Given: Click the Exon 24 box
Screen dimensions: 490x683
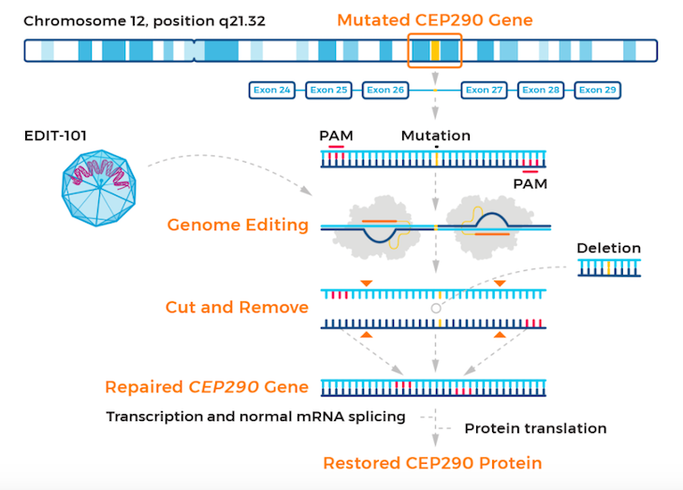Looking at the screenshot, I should (272, 91).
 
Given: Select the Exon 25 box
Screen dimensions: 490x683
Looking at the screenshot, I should (328, 91).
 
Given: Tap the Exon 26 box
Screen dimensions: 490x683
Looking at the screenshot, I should (385, 91).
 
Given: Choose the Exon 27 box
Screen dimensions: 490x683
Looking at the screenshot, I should (485, 91).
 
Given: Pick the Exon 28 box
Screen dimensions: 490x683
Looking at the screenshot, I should (541, 91).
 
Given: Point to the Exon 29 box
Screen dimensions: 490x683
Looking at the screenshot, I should (597, 91).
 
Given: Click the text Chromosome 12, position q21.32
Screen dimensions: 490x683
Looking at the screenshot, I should (144, 20).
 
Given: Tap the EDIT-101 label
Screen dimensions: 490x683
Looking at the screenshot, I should (55, 137).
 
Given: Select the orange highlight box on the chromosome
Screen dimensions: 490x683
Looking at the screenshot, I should (434, 50).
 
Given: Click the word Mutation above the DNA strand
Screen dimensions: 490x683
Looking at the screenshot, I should (435, 136).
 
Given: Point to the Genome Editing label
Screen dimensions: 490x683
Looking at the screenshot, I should (238, 224).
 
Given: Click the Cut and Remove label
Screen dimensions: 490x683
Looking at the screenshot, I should (237, 307).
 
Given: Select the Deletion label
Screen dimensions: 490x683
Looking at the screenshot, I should (608, 248).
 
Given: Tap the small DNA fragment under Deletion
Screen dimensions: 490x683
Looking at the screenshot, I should (609, 268).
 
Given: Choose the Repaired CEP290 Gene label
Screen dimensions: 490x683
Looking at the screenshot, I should (207, 387).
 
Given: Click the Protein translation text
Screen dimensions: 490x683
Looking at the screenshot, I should (535, 428).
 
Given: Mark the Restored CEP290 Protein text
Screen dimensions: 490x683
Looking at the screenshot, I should (432, 463).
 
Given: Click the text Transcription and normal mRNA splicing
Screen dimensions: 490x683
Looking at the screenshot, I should (255, 416).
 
